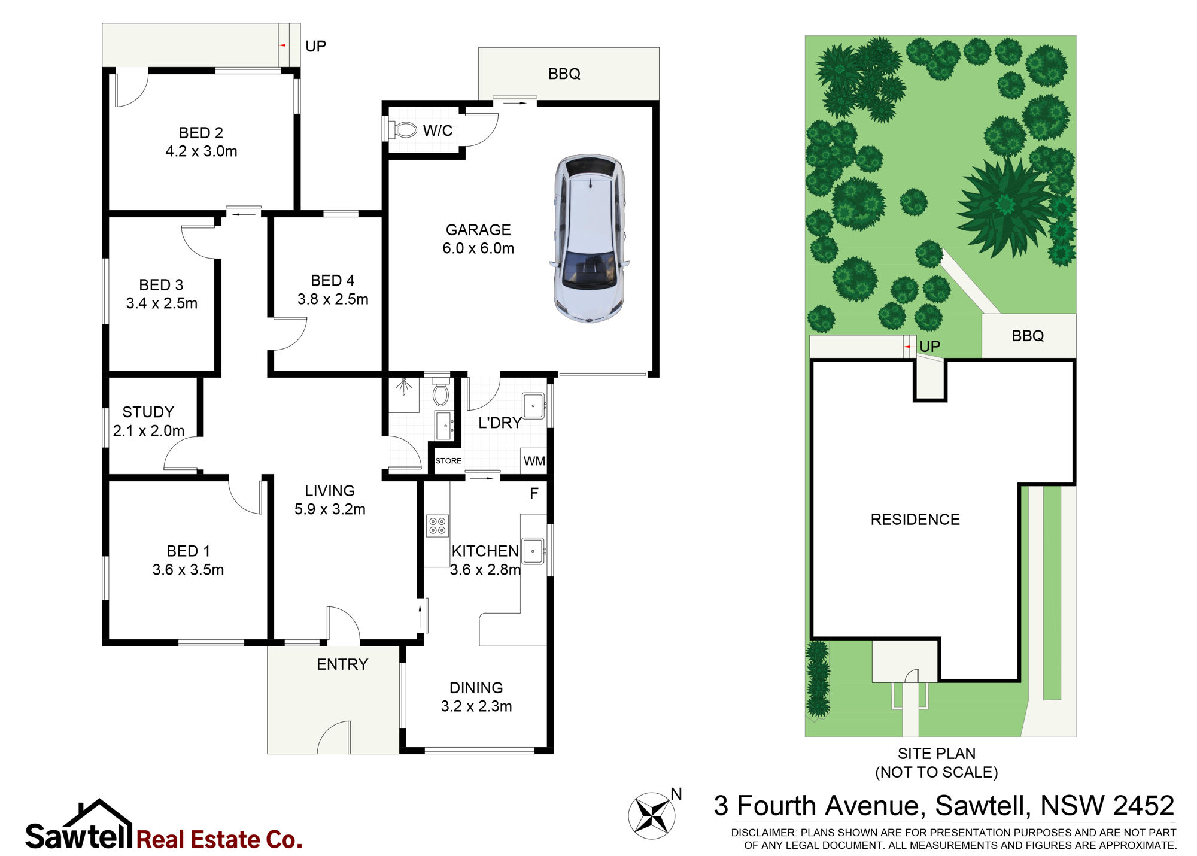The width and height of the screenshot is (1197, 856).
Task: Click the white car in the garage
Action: (590, 239)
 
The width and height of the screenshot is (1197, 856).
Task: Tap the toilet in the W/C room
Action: (403, 129)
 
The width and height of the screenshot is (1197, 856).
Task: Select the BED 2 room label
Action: (201, 142)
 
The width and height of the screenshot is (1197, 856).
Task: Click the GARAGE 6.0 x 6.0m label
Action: (478, 239)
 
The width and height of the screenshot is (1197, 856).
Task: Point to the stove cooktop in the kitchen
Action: (438, 526)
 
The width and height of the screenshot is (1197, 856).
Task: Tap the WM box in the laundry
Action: (534, 461)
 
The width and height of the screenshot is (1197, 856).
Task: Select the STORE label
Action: (448, 460)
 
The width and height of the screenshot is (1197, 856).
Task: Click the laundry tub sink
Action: (533, 405)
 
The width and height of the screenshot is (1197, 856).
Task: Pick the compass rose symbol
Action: (652, 814)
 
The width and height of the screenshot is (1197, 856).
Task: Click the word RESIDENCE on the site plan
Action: (915, 520)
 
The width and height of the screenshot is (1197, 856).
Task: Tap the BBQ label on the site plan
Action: (1028, 336)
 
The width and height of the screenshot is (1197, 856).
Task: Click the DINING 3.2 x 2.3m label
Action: (476, 697)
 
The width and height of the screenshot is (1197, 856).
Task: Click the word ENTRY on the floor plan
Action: (342, 664)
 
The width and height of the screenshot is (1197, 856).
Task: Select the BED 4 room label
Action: (333, 290)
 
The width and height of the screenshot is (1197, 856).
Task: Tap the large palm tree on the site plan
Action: (1005, 207)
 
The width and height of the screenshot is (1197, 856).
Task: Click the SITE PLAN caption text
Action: (937, 763)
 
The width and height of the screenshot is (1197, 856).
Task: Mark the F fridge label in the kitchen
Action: (534, 493)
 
